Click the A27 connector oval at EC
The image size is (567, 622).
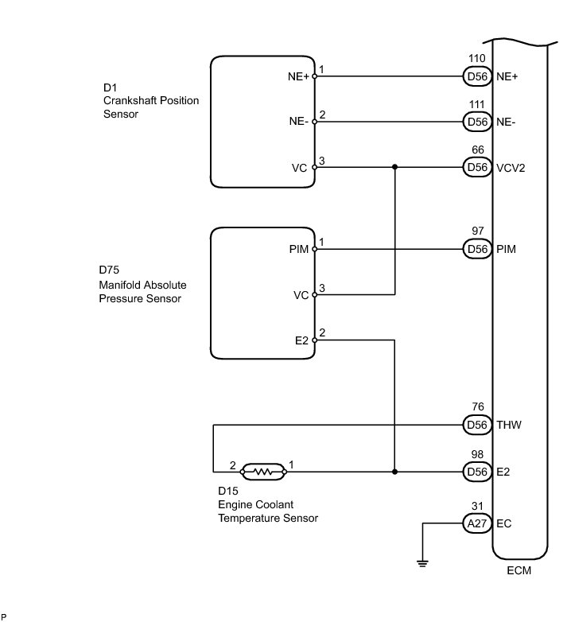point(477,523)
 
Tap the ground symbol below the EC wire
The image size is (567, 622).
point(422,563)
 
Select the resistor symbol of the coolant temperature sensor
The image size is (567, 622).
point(263,472)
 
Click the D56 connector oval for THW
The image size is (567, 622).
point(477,426)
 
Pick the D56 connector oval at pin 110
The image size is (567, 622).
point(477,76)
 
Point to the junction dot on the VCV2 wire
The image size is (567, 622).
point(394,167)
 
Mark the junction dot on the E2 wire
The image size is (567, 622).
point(394,472)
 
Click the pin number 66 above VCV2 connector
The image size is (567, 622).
point(478,150)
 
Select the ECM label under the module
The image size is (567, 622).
point(518,570)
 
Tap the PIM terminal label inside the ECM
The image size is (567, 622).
point(506,249)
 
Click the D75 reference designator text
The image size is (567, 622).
point(109,270)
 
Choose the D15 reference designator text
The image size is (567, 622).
point(228,491)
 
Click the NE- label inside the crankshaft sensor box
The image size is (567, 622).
point(298,122)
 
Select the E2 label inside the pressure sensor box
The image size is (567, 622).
point(301,340)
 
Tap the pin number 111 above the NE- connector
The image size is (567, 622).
point(476,104)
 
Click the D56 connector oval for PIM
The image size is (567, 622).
point(477,249)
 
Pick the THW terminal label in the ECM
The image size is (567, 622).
point(509,425)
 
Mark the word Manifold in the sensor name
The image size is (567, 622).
point(117,285)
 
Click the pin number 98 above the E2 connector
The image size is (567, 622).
point(477,455)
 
